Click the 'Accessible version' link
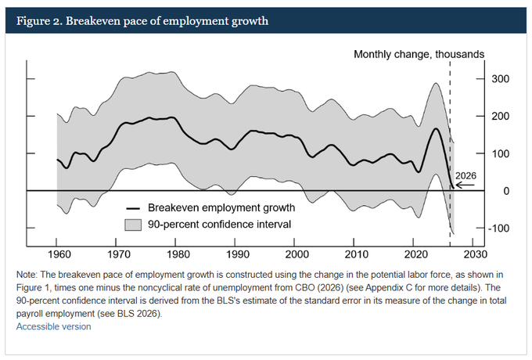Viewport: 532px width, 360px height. [54, 326]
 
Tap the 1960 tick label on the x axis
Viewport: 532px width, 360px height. [58, 256]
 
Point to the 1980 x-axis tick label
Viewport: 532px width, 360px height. [177, 256]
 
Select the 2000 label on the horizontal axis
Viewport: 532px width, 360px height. [296, 256]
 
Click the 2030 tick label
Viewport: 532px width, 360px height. [474, 256]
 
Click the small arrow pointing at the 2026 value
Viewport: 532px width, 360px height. [464, 187]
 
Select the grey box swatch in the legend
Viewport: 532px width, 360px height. [134, 225]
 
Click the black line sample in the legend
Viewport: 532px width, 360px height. [134, 208]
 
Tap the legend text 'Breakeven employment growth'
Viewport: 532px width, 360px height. [221, 208]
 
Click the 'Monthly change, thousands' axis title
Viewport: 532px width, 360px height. [419, 54]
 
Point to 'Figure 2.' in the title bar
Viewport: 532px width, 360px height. [38, 20]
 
